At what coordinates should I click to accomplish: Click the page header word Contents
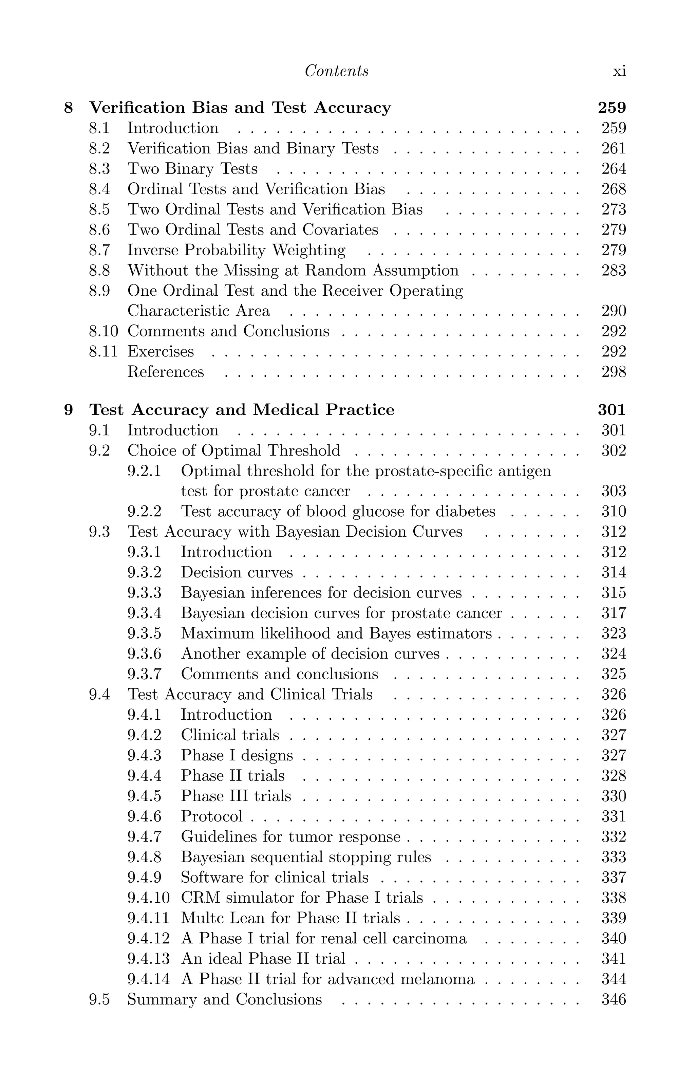pyautogui.click(x=336, y=71)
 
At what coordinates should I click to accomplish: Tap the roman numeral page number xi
pyautogui.click(x=619, y=71)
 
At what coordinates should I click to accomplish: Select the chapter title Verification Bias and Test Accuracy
pyautogui.click(x=240, y=108)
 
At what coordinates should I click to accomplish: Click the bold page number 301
pyautogui.click(x=612, y=409)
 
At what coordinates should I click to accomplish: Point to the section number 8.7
pyautogui.click(x=99, y=250)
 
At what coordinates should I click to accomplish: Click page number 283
pyautogui.click(x=613, y=270)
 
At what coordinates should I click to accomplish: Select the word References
pyautogui.click(x=166, y=371)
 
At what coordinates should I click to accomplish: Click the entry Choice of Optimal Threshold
pyautogui.click(x=233, y=450)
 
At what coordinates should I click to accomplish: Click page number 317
pyautogui.click(x=613, y=613)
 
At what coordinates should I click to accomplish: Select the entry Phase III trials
pyautogui.click(x=236, y=796)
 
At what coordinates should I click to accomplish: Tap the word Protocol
pyautogui.click(x=212, y=816)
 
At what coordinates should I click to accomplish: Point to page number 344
pyautogui.click(x=613, y=979)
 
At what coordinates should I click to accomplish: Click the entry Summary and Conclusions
pyautogui.click(x=224, y=999)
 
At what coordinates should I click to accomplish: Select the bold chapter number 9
pyautogui.click(x=68, y=409)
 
